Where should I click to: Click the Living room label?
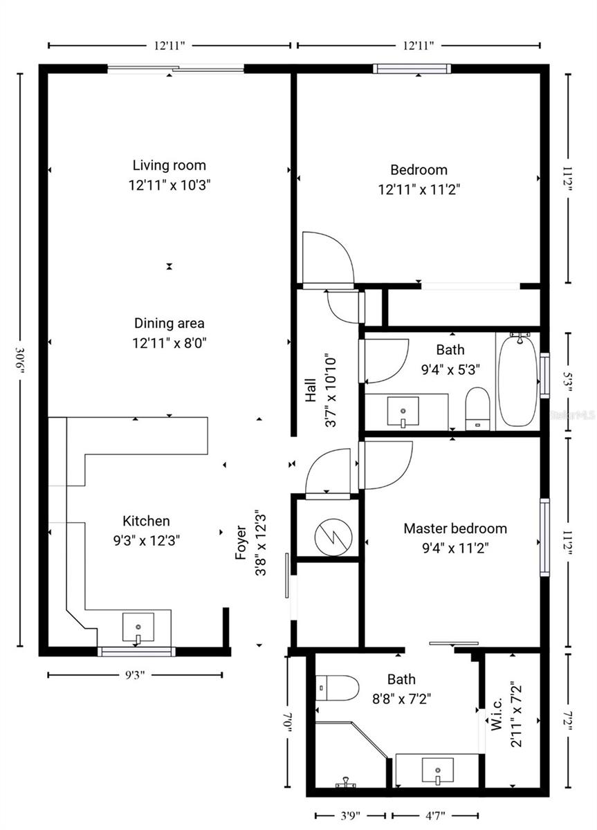(169, 166)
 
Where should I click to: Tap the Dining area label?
(169, 324)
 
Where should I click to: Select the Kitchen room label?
(146, 522)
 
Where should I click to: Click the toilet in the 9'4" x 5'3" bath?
(477, 408)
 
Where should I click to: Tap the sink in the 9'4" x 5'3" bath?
(403, 411)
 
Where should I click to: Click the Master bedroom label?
(455, 529)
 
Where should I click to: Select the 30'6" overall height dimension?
(21, 360)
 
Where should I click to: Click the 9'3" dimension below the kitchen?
(135, 675)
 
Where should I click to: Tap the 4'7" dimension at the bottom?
(434, 815)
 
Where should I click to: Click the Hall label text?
(311, 389)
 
